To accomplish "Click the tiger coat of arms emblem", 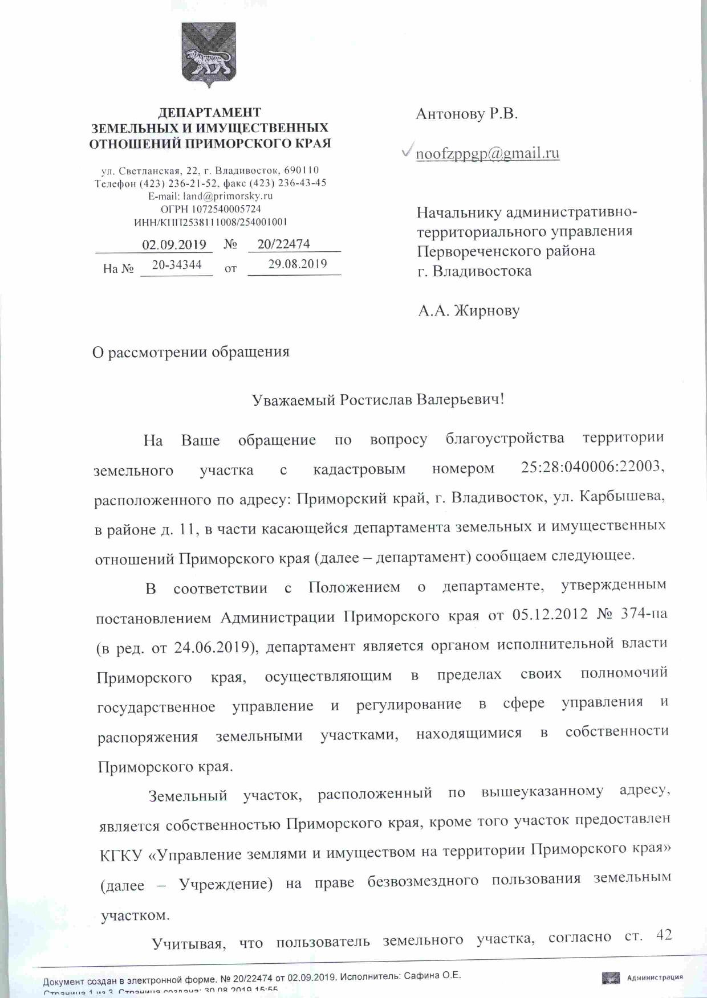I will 209,55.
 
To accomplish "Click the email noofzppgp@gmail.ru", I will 487,153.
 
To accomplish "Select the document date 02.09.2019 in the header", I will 174,245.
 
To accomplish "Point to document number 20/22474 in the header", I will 283,244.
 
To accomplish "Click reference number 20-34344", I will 177,265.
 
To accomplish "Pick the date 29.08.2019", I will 298,264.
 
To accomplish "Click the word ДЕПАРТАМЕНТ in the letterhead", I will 209,113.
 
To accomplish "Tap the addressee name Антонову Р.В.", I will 466,114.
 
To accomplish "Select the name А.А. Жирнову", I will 469,311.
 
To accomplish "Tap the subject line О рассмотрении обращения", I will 191,352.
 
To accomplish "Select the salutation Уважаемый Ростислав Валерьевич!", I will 378,399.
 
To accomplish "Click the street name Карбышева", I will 622,497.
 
